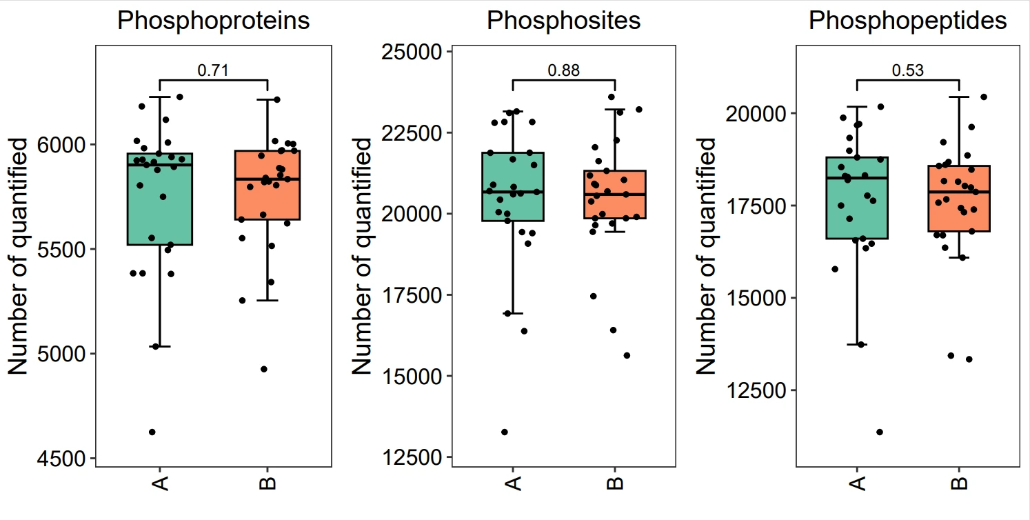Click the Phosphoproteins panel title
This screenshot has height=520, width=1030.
[213, 21]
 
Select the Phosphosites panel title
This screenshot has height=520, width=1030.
[564, 21]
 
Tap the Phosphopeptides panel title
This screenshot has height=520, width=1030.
[908, 21]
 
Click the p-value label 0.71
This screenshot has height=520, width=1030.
[213, 70]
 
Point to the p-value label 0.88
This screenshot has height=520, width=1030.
[564, 70]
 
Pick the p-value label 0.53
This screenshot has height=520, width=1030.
[908, 70]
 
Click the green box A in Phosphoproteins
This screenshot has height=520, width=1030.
[159, 199]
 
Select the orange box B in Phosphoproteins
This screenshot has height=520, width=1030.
[267, 185]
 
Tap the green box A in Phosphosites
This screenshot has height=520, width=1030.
[513, 187]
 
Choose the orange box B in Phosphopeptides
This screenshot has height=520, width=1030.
[959, 199]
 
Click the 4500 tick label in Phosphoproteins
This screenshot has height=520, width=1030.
[61, 459]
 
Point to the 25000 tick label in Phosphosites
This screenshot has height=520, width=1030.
[412, 52]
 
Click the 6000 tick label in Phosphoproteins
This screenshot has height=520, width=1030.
[61, 145]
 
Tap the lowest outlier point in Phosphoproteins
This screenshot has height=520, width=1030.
[152, 432]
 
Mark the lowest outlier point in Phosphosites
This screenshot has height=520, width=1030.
[505, 432]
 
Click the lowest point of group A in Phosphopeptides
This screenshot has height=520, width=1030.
[880, 432]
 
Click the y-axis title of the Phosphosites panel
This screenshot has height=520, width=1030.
[363, 256]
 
